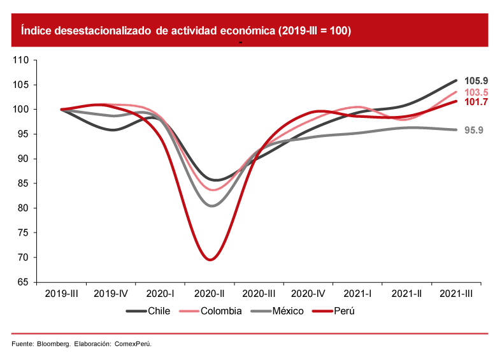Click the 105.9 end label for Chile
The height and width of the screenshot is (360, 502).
pos(476,81)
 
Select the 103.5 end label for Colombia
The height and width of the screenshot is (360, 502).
pos(476,92)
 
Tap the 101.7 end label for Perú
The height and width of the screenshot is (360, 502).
pos(476,102)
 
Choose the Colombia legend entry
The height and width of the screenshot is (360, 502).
pos(220,311)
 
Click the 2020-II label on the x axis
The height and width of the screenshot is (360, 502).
pos(210,294)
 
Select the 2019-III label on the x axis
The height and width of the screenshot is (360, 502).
pos(61,294)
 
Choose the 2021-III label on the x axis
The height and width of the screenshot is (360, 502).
pos(457,294)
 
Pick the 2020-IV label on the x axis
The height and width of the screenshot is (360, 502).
pos(308,294)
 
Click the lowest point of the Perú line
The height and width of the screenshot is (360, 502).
pos(210,259)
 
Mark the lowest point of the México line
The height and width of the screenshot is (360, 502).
pos(211,206)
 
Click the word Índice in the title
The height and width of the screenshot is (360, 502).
pos(36,31)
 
